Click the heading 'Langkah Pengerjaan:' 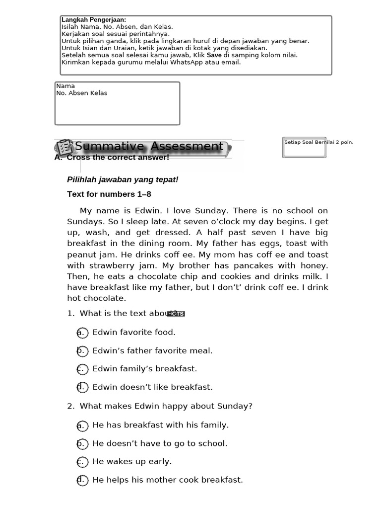(94, 20)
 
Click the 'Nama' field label (65, 86)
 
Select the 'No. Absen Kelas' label (82, 93)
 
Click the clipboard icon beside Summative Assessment (64, 148)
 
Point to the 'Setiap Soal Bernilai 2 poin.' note (318, 142)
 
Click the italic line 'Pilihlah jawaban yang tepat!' (123, 179)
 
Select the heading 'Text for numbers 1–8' (109, 194)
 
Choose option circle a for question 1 (82, 333)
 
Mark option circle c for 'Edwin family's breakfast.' (82, 369)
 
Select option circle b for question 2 (82, 443)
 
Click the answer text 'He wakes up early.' (132, 461)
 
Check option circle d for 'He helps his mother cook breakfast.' (82, 480)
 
